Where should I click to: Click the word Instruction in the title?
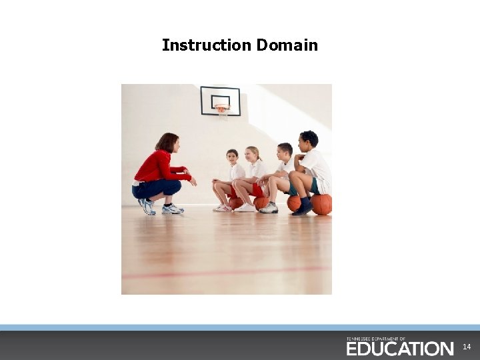206,45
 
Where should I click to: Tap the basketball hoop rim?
222,107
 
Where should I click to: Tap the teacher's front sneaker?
173,209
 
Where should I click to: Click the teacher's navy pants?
157,189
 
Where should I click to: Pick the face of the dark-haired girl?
232,158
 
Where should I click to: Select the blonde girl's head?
252,154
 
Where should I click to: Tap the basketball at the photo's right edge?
321,204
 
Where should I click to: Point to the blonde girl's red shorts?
257,190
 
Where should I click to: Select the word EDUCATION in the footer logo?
399,349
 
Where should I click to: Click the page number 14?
467,347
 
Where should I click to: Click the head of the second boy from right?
285,151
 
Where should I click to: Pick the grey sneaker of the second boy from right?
269,209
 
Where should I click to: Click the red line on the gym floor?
227,272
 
